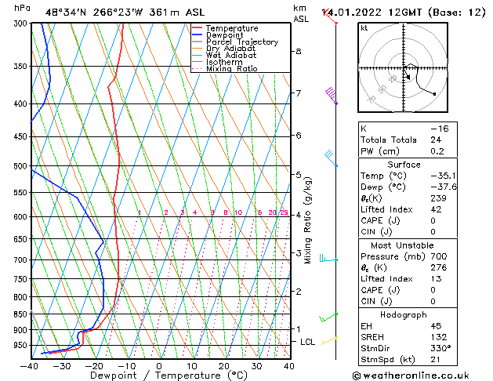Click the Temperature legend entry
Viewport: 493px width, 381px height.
[232, 28]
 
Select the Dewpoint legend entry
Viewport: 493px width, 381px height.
[226, 35]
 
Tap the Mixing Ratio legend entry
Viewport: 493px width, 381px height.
[231, 69]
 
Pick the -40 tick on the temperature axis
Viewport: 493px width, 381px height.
[30, 366]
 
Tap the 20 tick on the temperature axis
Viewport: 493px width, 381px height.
[223, 366]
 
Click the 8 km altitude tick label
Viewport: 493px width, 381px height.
[298, 52]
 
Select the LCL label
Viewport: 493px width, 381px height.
[307, 343]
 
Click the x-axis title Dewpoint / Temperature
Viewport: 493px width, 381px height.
[159, 376]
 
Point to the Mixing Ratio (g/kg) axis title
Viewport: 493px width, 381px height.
[308, 220]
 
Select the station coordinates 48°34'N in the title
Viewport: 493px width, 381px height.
[67, 12]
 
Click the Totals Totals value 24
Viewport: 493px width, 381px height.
[437, 140]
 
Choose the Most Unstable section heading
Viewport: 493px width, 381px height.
[397, 245]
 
